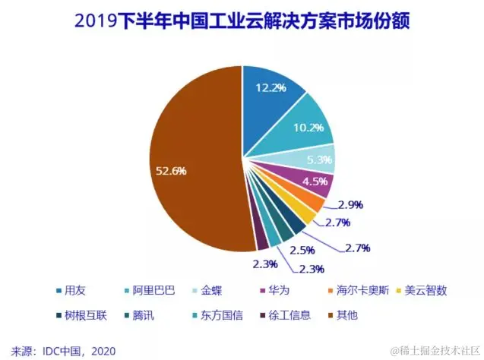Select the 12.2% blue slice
coord(270,95)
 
